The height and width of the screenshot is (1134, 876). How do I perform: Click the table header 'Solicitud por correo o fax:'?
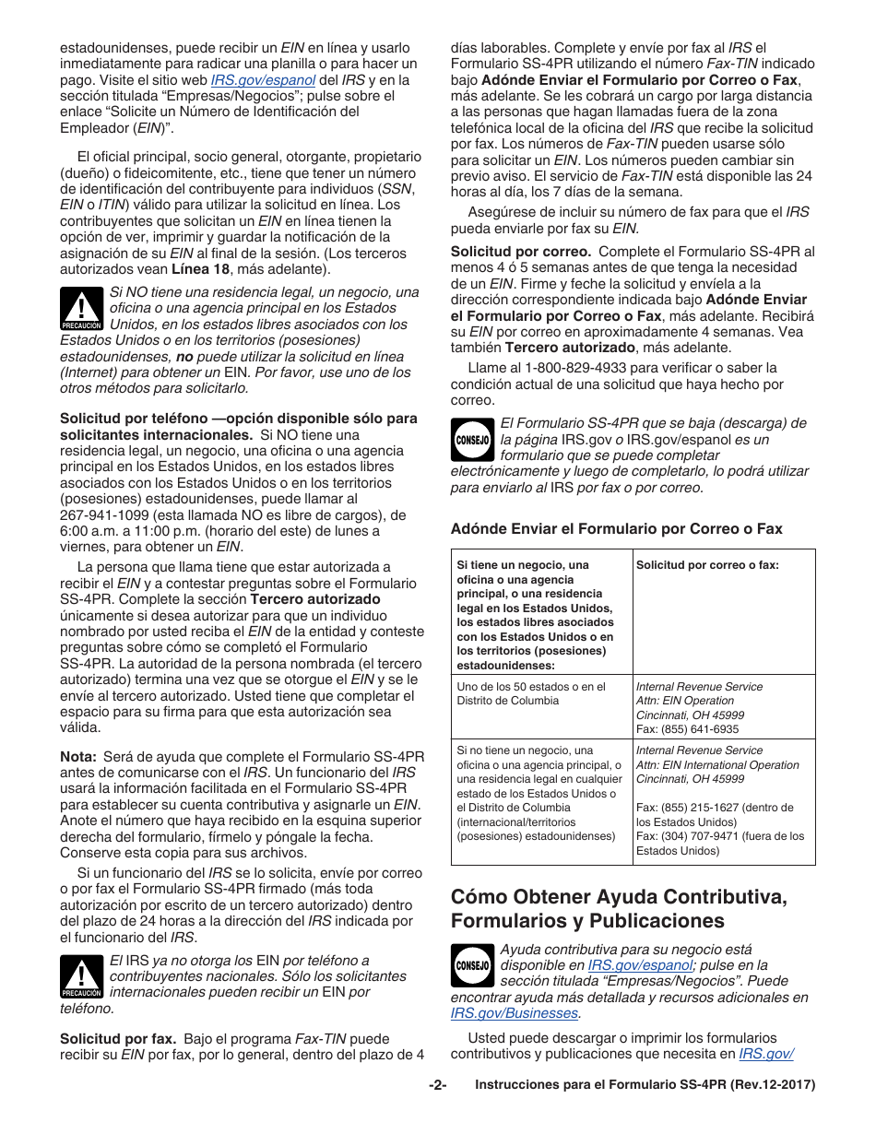(x=707, y=565)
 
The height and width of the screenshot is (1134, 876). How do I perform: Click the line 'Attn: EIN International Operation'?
(x=717, y=765)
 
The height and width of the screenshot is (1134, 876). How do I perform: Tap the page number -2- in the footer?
(x=437, y=1086)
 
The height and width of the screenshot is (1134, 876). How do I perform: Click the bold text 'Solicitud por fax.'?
(x=118, y=1038)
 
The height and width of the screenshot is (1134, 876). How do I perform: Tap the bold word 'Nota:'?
(x=78, y=756)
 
